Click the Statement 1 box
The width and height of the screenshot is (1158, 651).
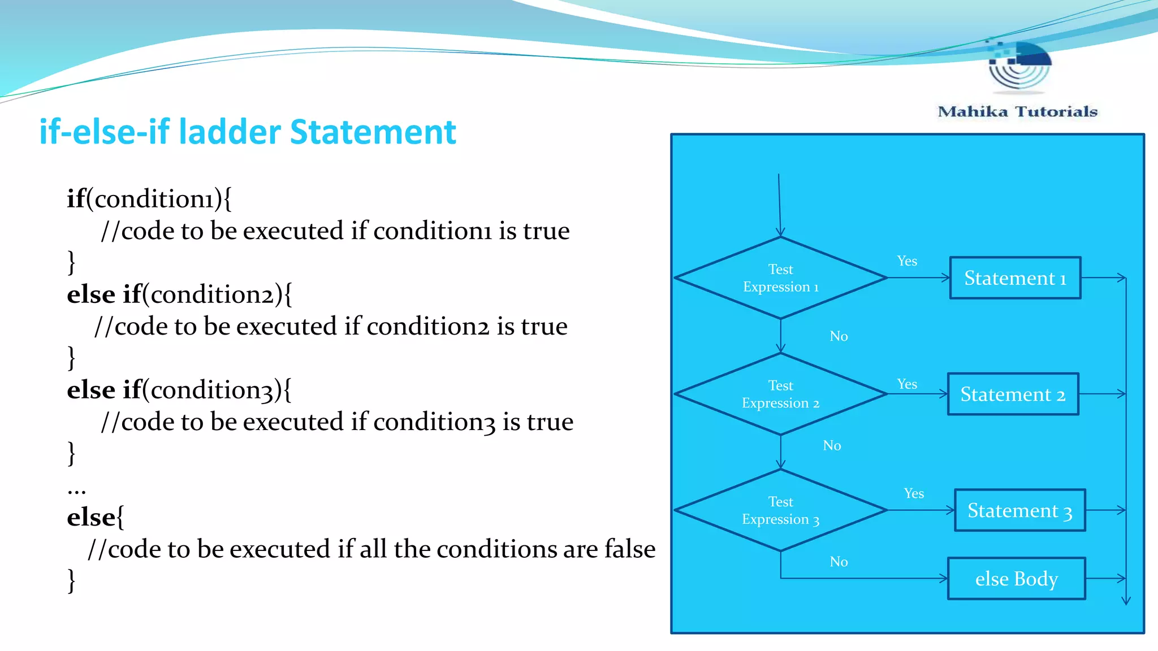pos(1015,278)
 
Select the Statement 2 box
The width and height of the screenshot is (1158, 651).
pos(1013,394)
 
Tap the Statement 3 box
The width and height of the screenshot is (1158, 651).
pos(1019,510)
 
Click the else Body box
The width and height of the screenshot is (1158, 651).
pos(1016,579)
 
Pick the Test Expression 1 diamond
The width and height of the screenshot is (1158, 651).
pos(780,278)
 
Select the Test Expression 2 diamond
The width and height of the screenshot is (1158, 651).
pos(780,394)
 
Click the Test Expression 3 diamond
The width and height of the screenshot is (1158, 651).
pos(780,510)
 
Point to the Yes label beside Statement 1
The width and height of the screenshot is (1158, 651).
pos(907,261)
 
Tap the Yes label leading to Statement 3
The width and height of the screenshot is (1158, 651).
pos(914,493)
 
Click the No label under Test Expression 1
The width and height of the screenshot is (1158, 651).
pos(839,336)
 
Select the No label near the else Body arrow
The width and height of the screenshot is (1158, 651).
pos(839,562)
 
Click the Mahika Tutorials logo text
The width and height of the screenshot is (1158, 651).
pos(1017,111)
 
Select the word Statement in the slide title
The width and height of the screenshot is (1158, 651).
pos(373,132)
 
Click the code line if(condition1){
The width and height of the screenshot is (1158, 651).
pos(149,199)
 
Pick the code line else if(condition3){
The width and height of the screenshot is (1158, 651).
pos(179,390)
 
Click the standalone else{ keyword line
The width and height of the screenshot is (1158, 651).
pos(96,517)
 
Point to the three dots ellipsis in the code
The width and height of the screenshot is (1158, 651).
pos(76,491)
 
